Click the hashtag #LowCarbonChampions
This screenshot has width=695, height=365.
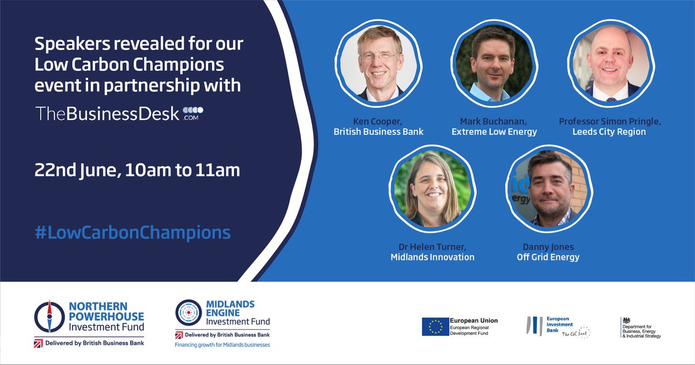[133, 233]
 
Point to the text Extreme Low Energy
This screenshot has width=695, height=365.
[494, 132]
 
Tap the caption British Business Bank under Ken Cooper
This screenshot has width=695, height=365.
[378, 132]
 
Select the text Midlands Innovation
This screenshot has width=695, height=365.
[432, 257]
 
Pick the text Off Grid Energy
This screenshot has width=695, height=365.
[548, 257]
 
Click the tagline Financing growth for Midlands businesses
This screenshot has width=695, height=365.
[222, 345]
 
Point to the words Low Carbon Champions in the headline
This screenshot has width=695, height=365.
[130, 64]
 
